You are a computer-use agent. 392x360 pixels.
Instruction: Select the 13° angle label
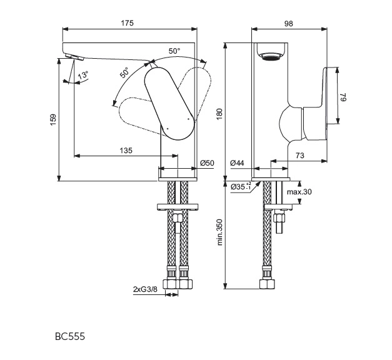83,75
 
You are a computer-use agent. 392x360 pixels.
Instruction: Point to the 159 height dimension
53,117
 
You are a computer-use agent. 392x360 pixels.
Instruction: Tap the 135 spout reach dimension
126,150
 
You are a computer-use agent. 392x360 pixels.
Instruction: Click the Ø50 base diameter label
207,163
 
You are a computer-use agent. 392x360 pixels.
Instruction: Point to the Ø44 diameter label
237,163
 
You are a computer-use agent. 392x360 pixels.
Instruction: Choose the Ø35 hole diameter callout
241,187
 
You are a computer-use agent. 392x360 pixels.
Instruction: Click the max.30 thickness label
299,192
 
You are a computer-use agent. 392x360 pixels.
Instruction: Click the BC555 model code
70,336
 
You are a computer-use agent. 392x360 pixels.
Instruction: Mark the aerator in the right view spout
271,57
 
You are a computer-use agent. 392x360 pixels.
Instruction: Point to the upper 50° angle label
174,51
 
